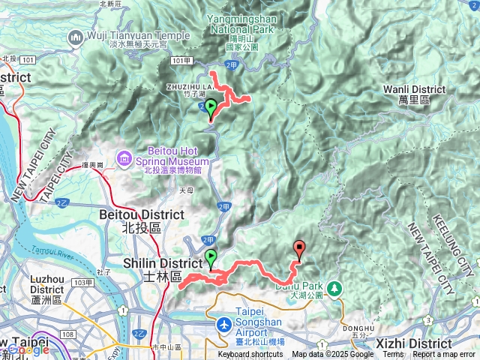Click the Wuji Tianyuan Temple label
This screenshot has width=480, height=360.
coord(138,34)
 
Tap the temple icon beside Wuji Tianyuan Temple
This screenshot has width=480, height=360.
coord(76,37)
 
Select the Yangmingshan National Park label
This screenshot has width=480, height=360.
coord(234,25)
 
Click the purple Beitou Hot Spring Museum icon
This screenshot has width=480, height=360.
coord(124,159)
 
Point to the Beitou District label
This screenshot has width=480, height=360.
coord(142,214)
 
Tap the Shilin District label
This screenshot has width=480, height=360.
coord(162,263)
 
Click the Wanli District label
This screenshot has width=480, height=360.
coord(415,88)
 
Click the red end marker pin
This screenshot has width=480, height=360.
coord(300,250)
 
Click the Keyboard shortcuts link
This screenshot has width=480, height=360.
coord(250,355)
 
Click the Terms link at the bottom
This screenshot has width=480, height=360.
coord(393,355)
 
